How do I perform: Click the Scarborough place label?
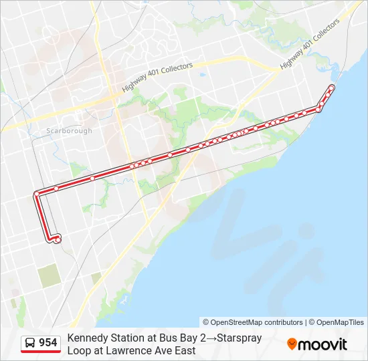point(70,130)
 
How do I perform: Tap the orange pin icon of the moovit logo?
point(292,344)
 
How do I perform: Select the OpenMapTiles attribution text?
point(339,322)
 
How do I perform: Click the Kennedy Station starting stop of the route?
point(58,238)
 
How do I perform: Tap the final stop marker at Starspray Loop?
point(332,88)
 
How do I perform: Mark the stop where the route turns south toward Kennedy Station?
point(36,195)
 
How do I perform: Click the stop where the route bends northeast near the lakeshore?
point(319,108)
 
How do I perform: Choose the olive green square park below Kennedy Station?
point(48,276)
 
